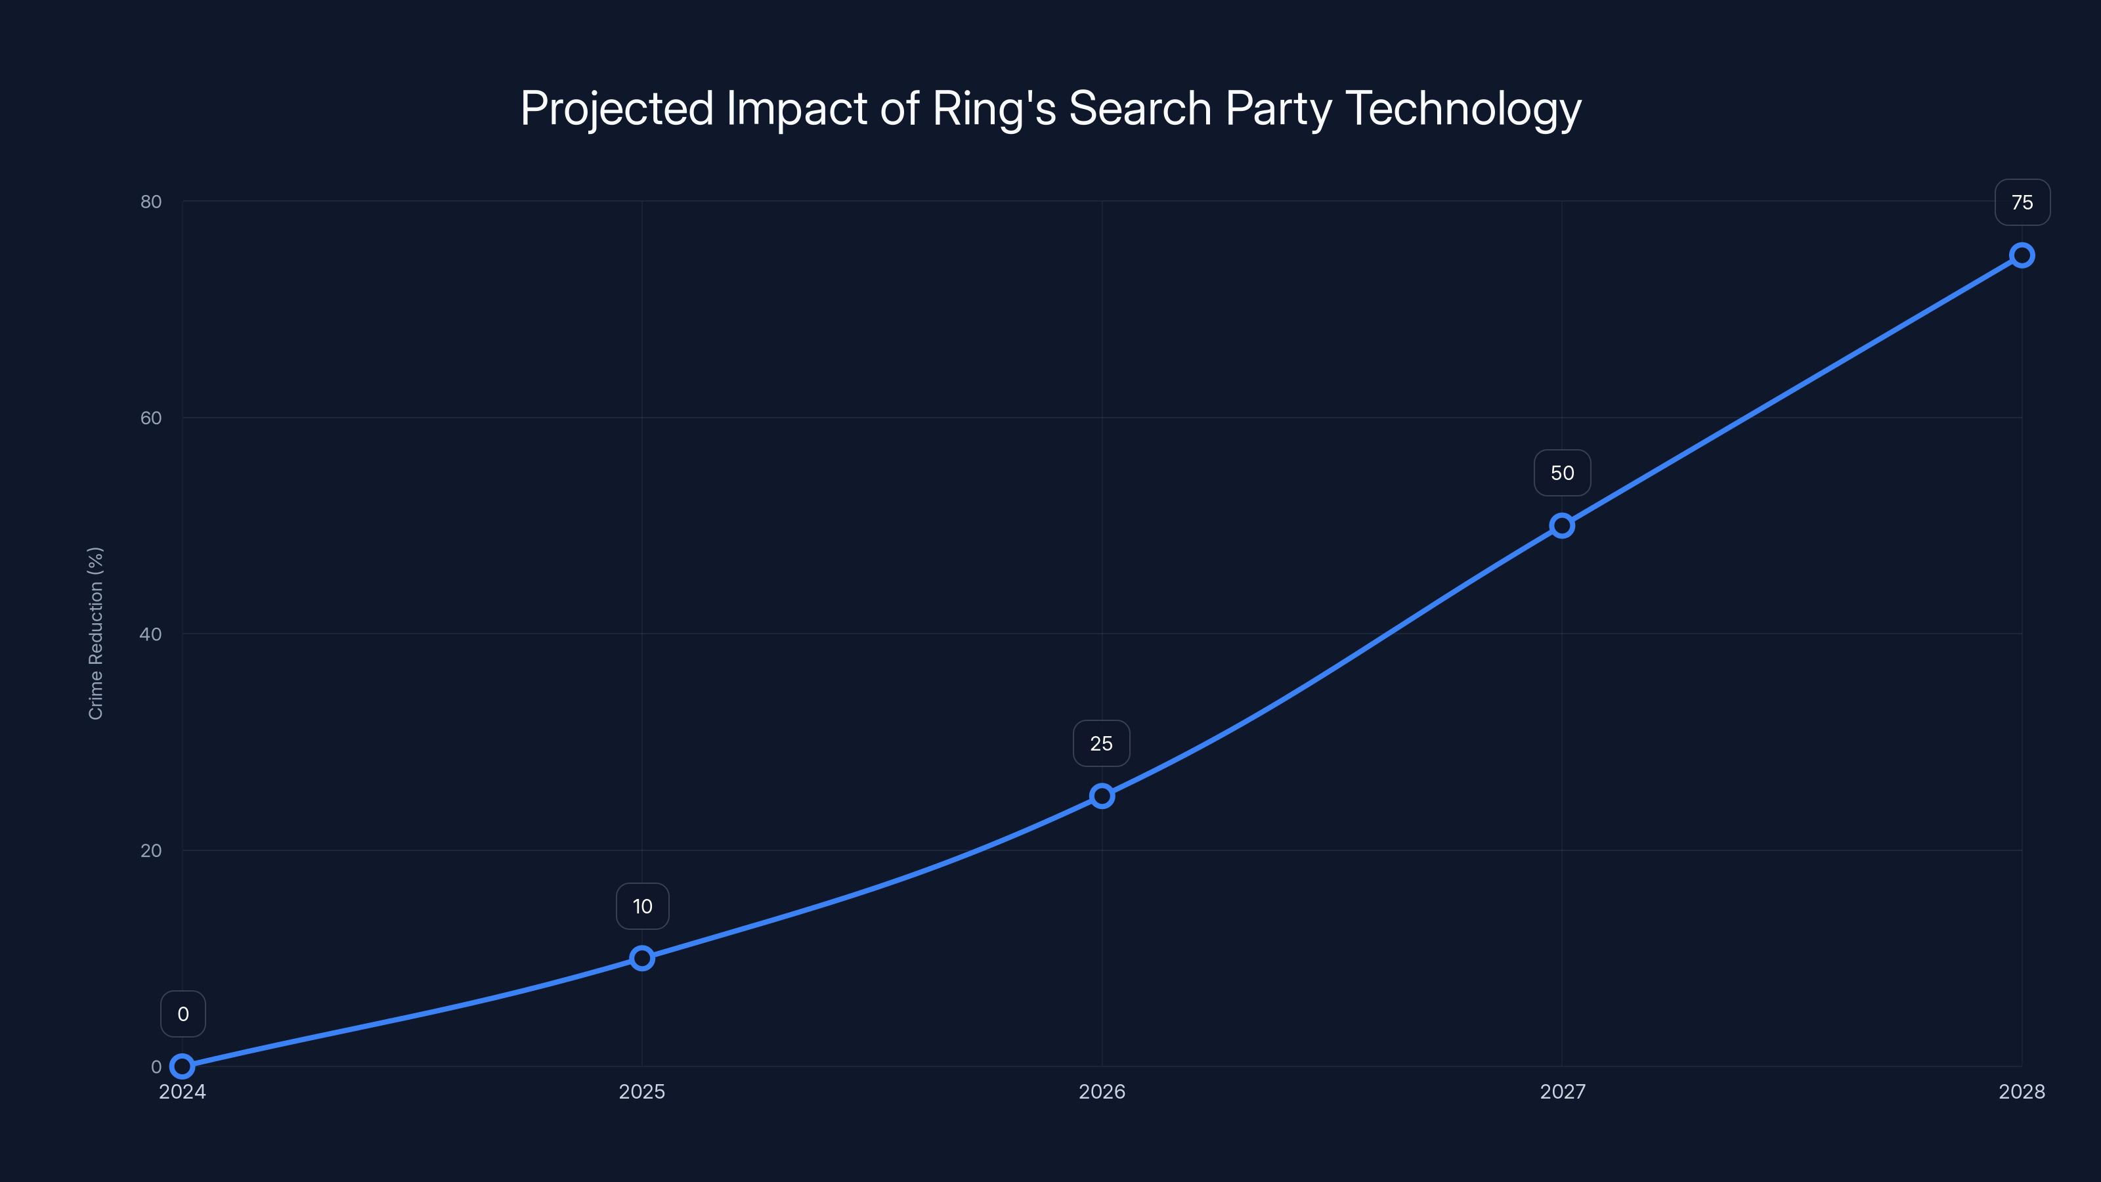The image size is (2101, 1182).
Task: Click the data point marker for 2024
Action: [183, 1066]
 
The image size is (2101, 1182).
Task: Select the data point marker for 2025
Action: [642, 957]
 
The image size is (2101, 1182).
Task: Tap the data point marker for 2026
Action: [1102, 796]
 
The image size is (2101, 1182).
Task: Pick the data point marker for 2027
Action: [1562, 525]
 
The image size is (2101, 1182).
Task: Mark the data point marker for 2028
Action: [2022, 255]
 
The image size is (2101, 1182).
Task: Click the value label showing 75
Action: [2022, 202]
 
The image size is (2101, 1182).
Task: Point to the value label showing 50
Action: [1562, 473]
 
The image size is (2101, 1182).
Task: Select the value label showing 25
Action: [1101, 743]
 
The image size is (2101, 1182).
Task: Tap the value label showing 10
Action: [642, 906]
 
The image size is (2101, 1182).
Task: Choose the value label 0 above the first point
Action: [183, 1014]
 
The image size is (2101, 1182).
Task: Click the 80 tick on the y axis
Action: [151, 202]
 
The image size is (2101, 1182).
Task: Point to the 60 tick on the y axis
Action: [151, 418]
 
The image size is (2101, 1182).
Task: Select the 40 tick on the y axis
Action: [151, 634]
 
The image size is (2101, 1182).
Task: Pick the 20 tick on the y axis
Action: [151, 850]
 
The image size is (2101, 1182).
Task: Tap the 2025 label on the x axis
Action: [642, 1091]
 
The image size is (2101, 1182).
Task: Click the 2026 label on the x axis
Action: [1102, 1091]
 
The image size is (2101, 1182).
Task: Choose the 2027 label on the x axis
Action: [1562, 1091]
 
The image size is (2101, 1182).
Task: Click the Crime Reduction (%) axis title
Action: [95, 633]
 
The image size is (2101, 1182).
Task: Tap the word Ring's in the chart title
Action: [993, 108]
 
